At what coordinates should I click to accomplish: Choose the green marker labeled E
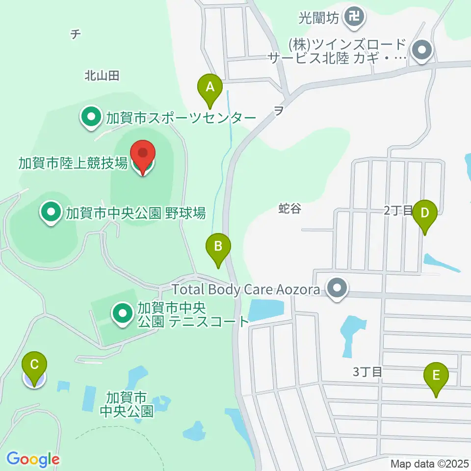436,377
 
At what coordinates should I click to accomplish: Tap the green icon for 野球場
51,213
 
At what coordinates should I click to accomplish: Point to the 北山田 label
102,76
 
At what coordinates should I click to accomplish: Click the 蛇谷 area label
289,209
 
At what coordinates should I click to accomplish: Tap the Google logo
33,459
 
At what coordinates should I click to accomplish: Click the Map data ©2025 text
430,463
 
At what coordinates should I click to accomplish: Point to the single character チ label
75,34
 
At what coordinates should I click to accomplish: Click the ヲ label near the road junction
278,111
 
